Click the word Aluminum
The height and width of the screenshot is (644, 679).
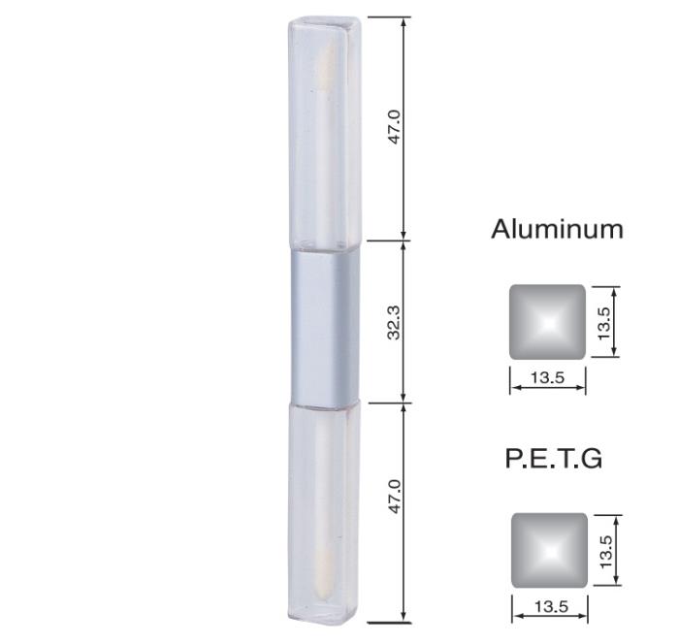click(x=558, y=229)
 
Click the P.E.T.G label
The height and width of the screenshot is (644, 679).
click(x=554, y=458)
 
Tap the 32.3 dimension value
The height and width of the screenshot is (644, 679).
click(x=395, y=322)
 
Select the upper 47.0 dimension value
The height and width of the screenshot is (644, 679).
click(x=395, y=127)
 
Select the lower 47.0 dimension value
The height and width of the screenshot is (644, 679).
click(x=395, y=497)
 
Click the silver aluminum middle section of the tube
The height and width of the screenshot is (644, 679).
click(x=325, y=327)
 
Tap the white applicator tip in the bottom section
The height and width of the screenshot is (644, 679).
click(x=326, y=567)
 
